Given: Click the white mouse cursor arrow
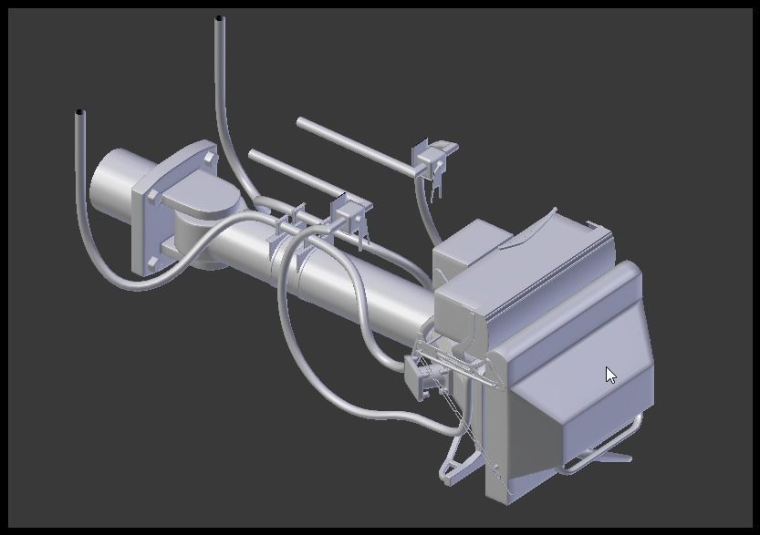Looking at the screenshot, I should coord(610,375).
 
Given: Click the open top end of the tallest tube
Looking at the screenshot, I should coord(219,18).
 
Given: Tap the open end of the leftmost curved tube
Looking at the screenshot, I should coord(80,113).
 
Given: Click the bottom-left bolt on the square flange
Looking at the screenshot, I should coord(149,263).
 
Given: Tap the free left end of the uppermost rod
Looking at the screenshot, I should coord(301,122).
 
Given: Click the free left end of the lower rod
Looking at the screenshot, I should coord(253,154).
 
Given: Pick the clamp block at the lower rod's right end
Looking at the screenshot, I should coord(350,213).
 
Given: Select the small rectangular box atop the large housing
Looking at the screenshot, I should coord(470,246).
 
